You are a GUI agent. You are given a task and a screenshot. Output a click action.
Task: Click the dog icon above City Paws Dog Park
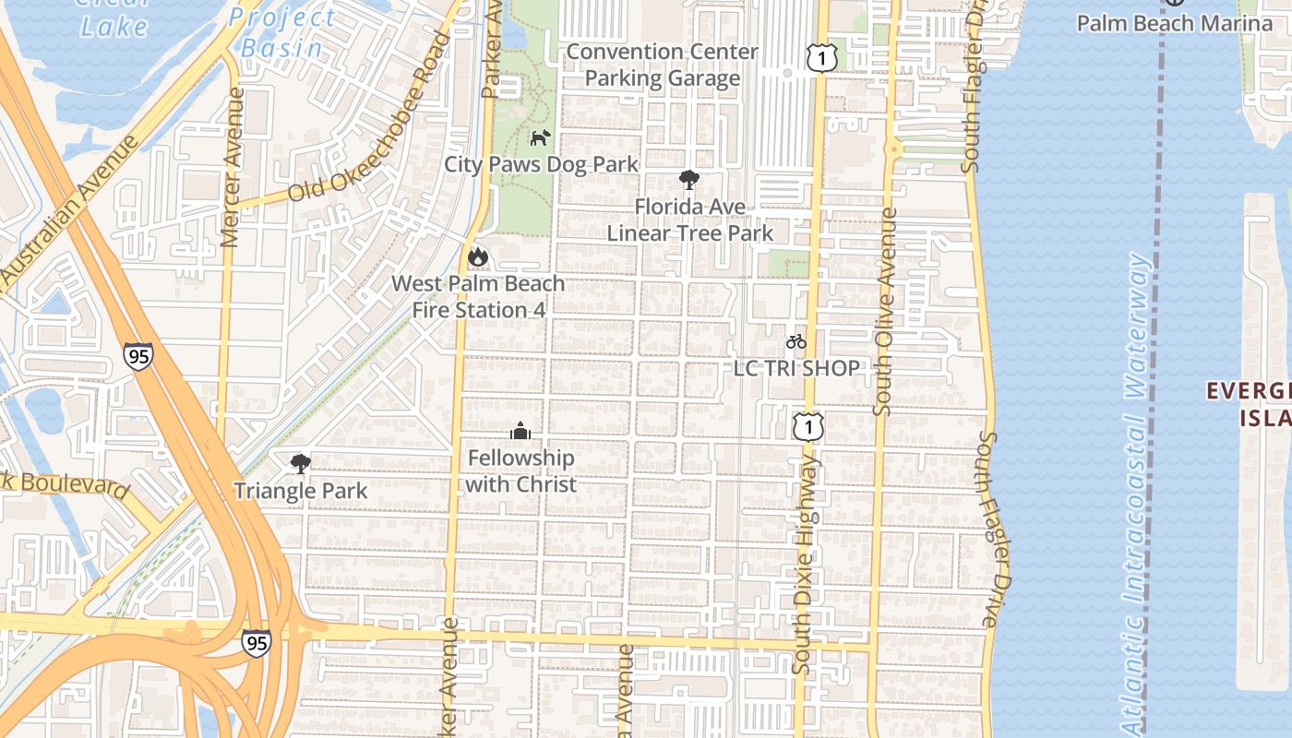(x=540, y=138)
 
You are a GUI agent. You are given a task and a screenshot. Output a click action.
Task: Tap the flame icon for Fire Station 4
(x=477, y=256)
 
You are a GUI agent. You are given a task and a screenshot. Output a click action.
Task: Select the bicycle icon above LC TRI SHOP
(x=796, y=342)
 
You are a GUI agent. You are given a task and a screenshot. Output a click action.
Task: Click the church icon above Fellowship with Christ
(x=520, y=432)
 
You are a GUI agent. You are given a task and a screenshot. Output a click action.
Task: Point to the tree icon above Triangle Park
(x=300, y=464)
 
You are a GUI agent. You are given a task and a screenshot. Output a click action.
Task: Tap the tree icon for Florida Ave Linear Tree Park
(x=688, y=180)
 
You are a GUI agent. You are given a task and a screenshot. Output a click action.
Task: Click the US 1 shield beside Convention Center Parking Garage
(x=821, y=59)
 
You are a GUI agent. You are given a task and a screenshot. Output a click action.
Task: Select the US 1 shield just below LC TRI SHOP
(x=807, y=426)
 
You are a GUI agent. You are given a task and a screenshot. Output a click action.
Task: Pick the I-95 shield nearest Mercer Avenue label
(x=138, y=357)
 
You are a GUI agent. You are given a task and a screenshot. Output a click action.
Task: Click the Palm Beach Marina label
(x=1174, y=23)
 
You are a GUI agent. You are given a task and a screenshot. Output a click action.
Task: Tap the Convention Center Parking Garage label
(x=663, y=65)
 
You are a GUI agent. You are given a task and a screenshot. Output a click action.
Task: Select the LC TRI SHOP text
(x=796, y=368)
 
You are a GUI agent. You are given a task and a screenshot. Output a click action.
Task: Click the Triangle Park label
(x=300, y=491)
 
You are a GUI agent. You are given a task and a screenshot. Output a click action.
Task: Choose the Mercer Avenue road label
(x=233, y=166)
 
